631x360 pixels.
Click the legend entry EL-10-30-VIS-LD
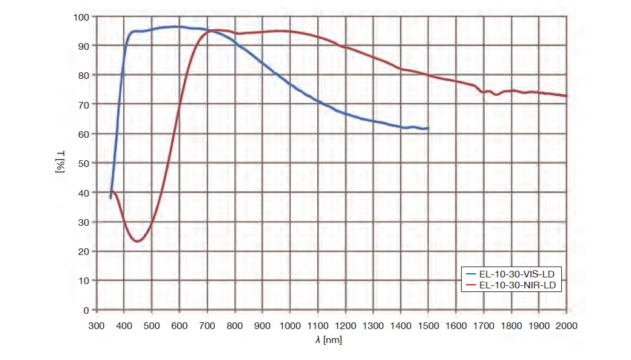[516, 274]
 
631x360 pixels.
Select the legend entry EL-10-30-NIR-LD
[516, 284]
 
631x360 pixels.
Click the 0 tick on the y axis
[86, 310]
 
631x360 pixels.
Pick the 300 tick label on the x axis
[96, 325]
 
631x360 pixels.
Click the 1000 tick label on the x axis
[289, 325]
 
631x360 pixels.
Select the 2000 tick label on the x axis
[567, 325]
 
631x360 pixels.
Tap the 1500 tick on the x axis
[428, 325]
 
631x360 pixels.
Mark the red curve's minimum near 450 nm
[138, 242]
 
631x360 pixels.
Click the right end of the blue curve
[428, 129]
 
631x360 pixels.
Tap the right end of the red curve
[567, 96]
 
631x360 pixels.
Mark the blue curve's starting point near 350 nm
[110, 198]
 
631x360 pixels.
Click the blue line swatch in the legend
[471, 274]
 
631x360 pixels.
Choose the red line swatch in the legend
[471, 284]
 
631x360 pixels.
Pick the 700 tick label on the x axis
[207, 325]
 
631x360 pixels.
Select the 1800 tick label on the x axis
[511, 325]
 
